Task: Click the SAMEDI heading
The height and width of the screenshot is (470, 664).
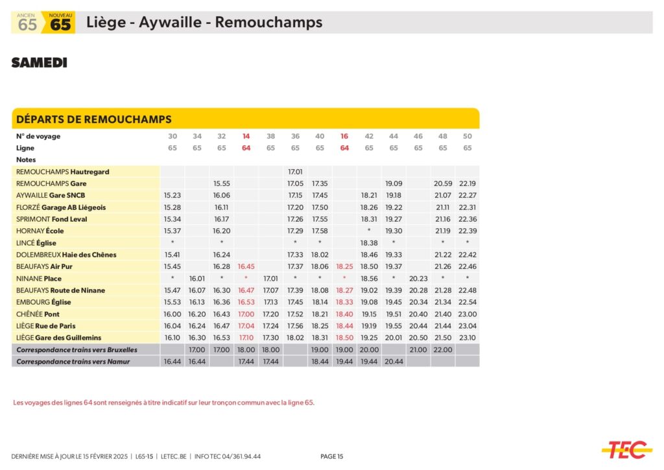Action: click(39, 63)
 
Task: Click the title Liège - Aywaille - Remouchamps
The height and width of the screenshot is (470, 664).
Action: click(204, 23)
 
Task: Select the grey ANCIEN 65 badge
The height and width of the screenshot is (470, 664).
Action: click(27, 23)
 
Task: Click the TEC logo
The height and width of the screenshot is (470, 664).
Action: click(626, 449)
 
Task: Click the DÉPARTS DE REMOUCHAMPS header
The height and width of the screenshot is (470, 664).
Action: click(93, 119)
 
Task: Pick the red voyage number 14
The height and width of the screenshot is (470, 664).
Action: click(246, 136)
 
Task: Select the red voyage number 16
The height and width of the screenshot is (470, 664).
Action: click(344, 136)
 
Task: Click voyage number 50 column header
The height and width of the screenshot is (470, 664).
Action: click(467, 136)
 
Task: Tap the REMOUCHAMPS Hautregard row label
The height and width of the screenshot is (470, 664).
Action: click(62, 172)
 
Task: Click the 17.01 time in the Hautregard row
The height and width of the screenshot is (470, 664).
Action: click(295, 172)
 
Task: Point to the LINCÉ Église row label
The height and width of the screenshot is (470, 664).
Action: click(36, 243)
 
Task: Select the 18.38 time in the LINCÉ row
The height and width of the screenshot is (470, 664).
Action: click(369, 243)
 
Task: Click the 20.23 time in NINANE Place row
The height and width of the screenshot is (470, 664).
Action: click(418, 279)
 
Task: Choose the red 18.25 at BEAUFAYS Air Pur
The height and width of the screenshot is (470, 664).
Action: click(344, 266)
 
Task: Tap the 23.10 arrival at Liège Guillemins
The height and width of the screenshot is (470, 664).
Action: click(467, 338)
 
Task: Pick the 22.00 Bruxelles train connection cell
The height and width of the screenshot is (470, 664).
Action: click(443, 349)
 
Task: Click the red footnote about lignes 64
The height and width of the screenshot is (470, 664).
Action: click(163, 403)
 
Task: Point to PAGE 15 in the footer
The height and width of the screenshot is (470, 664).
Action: click(332, 456)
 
